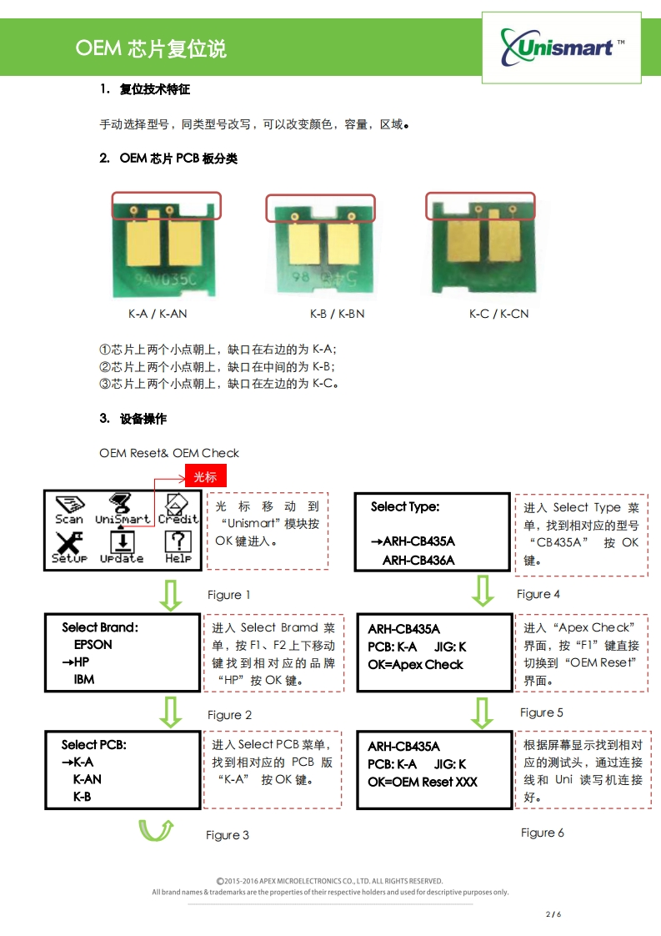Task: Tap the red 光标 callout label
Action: [x=205, y=477]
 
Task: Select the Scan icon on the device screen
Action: [x=69, y=509]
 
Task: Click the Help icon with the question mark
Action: [x=178, y=547]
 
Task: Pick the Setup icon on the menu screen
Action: [x=69, y=547]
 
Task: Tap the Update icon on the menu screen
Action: [x=122, y=547]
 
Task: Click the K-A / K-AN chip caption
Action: [x=158, y=315]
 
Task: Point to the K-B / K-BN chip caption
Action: [x=338, y=315]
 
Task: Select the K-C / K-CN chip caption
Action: [x=498, y=315]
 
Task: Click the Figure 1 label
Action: [x=229, y=595]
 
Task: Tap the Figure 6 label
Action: [x=543, y=833]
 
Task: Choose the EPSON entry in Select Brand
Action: [x=93, y=645]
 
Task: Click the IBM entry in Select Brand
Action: [x=84, y=680]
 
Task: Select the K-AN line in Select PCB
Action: [x=88, y=779]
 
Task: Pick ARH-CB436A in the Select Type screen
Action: [x=418, y=560]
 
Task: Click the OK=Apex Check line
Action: [x=415, y=665]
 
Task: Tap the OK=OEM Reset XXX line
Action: [x=423, y=783]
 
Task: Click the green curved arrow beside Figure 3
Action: [x=156, y=831]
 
